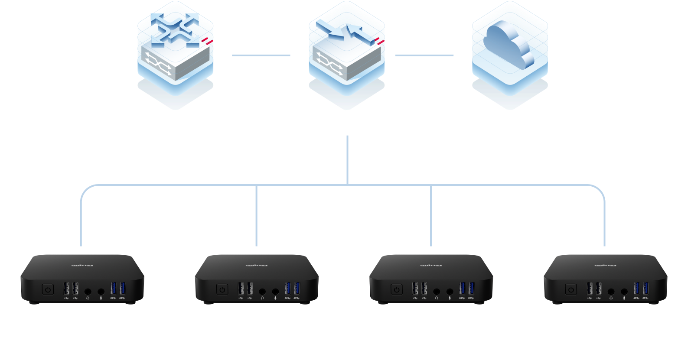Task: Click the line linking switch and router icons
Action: [261, 55]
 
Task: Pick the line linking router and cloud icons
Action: [424, 55]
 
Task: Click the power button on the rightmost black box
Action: [571, 289]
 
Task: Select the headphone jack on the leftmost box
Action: [88, 292]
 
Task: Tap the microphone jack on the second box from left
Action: [275, 292]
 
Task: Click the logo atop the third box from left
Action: [431, 265]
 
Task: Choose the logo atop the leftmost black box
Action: [82, 265]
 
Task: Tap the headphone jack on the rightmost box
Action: [611, 292]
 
